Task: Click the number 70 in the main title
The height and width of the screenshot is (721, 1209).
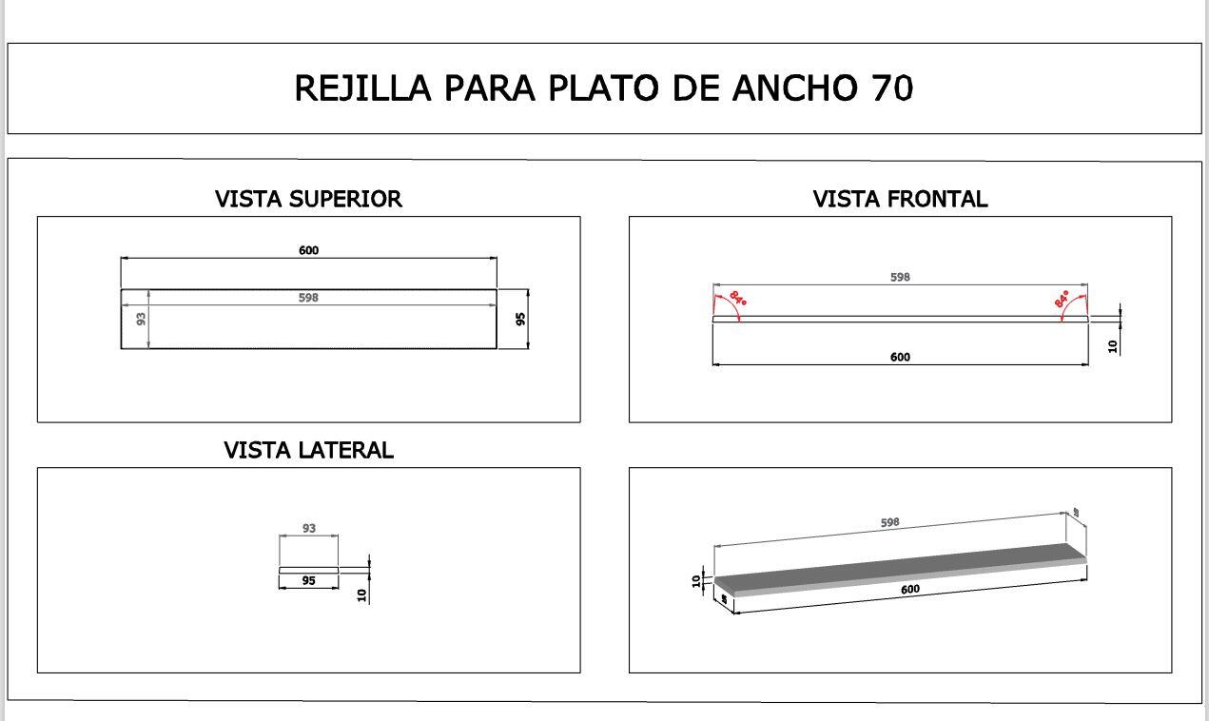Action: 891,88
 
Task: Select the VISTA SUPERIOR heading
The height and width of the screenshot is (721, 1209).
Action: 308,199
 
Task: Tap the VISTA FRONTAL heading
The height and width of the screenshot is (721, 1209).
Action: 900,199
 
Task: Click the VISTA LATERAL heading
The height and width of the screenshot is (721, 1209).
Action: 308,450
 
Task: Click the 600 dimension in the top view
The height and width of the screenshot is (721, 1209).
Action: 308,250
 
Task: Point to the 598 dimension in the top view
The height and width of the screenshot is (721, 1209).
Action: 308,298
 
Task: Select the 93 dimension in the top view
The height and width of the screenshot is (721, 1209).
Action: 142,319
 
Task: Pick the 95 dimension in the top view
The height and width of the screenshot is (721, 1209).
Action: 520,319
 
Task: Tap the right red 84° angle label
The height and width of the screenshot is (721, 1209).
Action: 1062,299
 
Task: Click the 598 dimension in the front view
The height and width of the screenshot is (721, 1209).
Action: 900,277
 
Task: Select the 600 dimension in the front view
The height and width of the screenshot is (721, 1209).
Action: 900,357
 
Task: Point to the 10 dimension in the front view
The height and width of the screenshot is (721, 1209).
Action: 1113,346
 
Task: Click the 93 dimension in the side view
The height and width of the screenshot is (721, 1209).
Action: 308,528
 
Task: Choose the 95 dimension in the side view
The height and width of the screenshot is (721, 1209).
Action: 308,580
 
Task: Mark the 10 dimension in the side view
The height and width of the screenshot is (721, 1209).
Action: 361,594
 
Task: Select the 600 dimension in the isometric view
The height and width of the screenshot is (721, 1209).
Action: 909,589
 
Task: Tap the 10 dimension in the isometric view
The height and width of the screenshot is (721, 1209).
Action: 696,579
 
